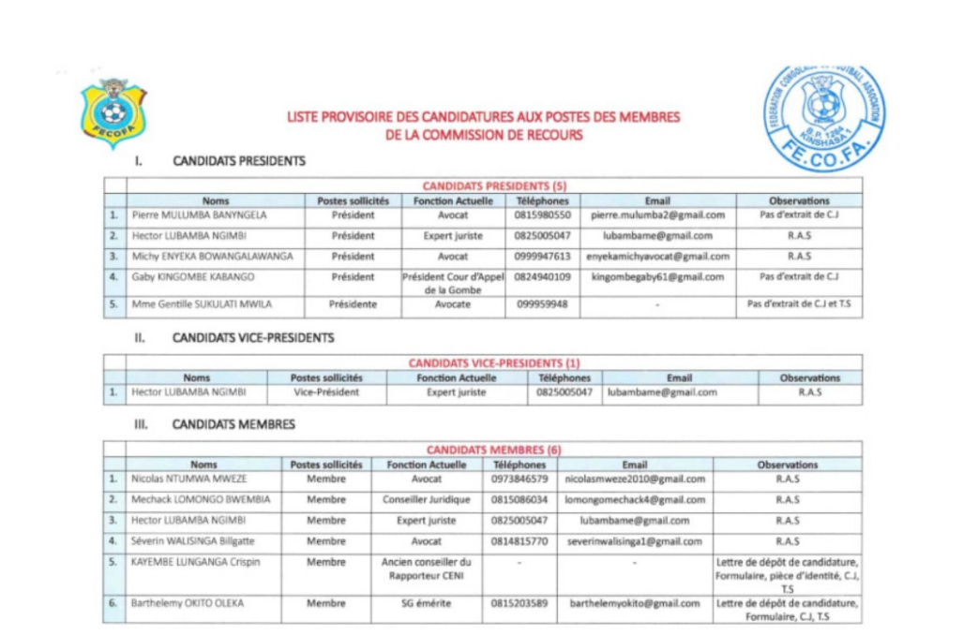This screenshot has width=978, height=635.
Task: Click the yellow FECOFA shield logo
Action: point(113,113)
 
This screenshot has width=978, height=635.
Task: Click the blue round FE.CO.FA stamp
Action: point(825,117)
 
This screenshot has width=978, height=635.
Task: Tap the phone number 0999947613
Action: point(542,256)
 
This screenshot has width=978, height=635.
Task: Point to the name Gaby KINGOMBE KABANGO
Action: point(192,277)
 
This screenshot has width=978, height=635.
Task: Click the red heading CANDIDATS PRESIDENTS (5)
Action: point(494,185)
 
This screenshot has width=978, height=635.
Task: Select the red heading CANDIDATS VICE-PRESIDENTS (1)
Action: point(494,362)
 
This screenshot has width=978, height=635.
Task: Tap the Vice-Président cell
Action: point(326,392)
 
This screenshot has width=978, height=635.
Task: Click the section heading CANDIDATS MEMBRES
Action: point(233,424)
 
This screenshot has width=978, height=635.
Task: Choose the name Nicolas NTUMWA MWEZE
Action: point(189,479)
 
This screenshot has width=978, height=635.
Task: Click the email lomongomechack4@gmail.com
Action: point(635,499)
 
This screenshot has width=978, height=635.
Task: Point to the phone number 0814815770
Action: point(519,541)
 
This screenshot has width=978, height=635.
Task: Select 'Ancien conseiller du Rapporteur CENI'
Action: point(426,569)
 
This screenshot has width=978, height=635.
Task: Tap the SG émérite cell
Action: point(426,603)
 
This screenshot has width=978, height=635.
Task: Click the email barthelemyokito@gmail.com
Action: point(635,603)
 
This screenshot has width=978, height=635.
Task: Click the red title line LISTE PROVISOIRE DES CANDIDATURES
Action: point(483,117)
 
